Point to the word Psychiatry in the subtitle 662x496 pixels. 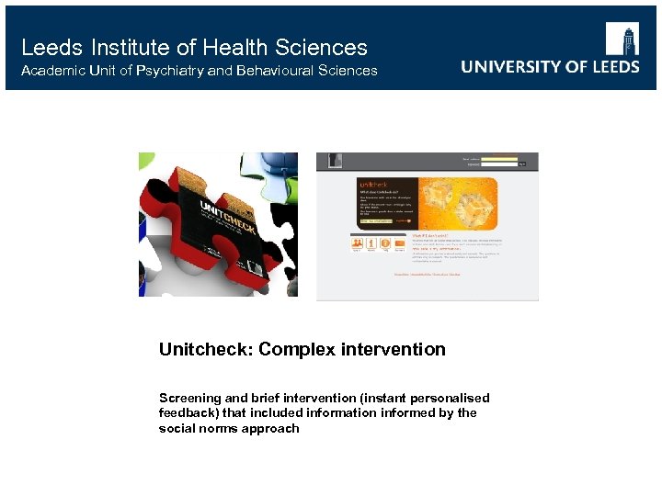click(169, 71)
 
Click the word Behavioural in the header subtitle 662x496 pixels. click(273, 71)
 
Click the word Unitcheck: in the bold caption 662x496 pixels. click(205, 349)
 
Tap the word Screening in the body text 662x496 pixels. click(189, 398)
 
